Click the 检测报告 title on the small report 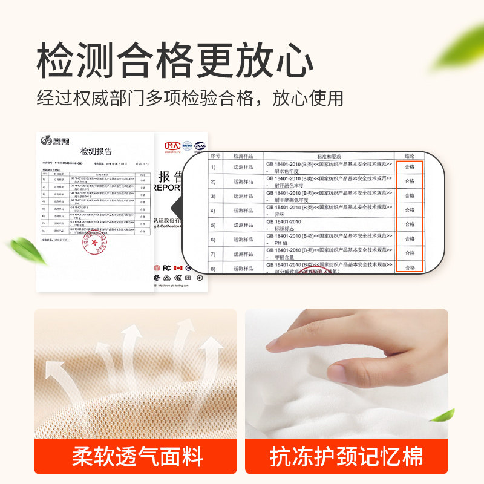[x=96, y=151]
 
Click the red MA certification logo [x=172, y=146]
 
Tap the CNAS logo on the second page [x=200, y=146]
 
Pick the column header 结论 [x=410, y=156]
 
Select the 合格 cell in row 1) [x=410, y=166]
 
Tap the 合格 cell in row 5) [x=410, y=224]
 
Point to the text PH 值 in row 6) [x=279, y=244]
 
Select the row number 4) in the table [x=212, y=211]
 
